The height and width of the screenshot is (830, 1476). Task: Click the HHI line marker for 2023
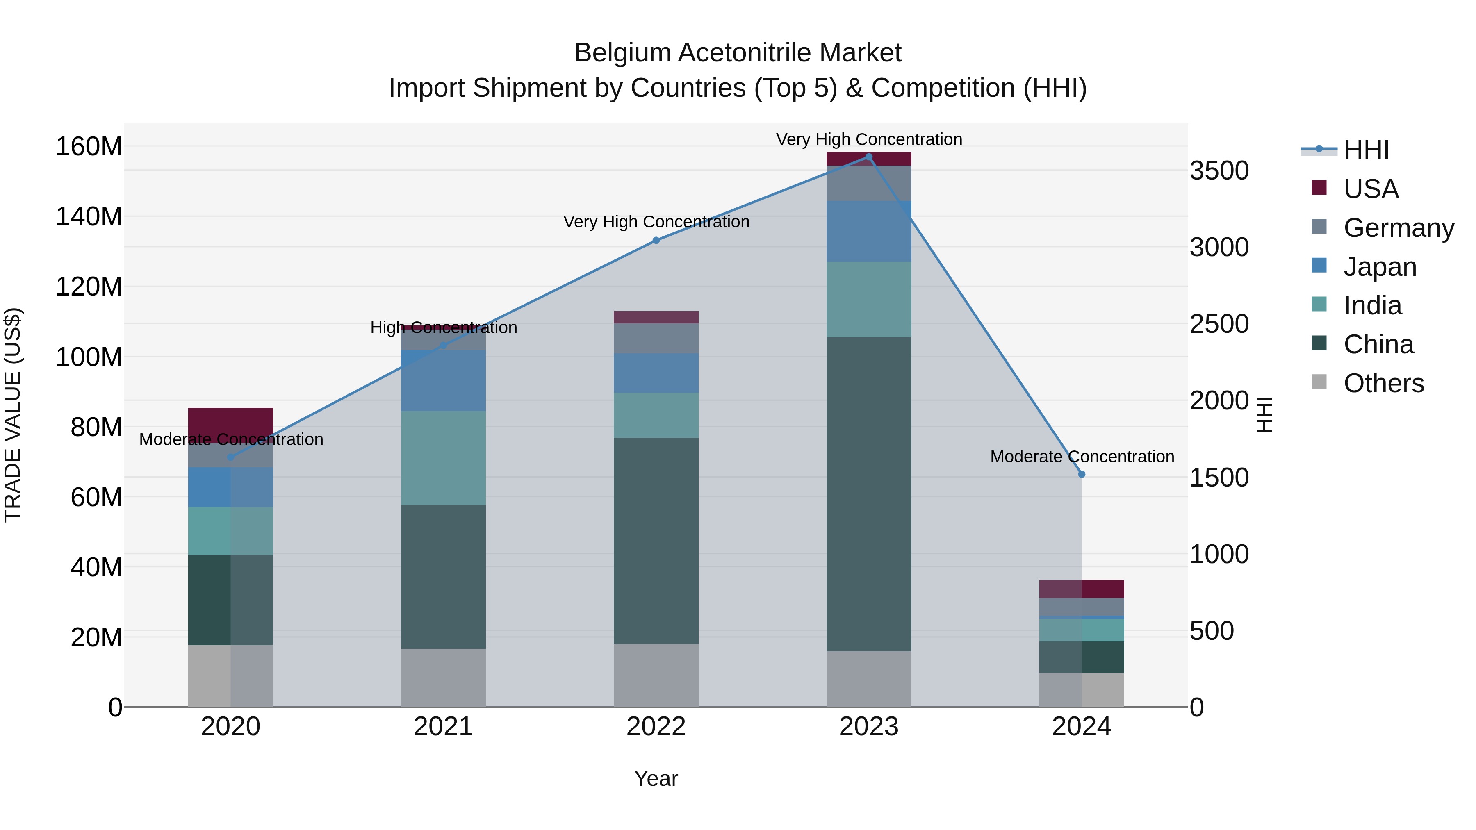coord(869,157)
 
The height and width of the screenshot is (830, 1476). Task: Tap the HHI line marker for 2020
coord(230,457)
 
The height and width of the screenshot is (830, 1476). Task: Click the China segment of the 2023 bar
coord(869,494)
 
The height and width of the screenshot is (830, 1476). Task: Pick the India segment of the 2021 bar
coord(443,458)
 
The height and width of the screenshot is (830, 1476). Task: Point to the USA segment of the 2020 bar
coord(230,425)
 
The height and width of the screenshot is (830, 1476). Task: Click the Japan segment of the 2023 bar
coord(869,232)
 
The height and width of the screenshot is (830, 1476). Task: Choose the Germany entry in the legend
coord(1398,228)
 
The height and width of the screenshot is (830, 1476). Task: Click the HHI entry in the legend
coord(1366,150)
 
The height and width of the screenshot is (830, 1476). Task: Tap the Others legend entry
coord(1383,383)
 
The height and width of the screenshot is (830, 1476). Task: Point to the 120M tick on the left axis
coord(89,287)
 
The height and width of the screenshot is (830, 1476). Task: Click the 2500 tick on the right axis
coord(1219,324)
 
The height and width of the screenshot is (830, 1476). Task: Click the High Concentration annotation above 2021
coord(444,327)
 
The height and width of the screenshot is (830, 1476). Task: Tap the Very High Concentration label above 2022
coord(656,222)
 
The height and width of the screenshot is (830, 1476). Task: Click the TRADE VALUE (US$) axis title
coord(13,415)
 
